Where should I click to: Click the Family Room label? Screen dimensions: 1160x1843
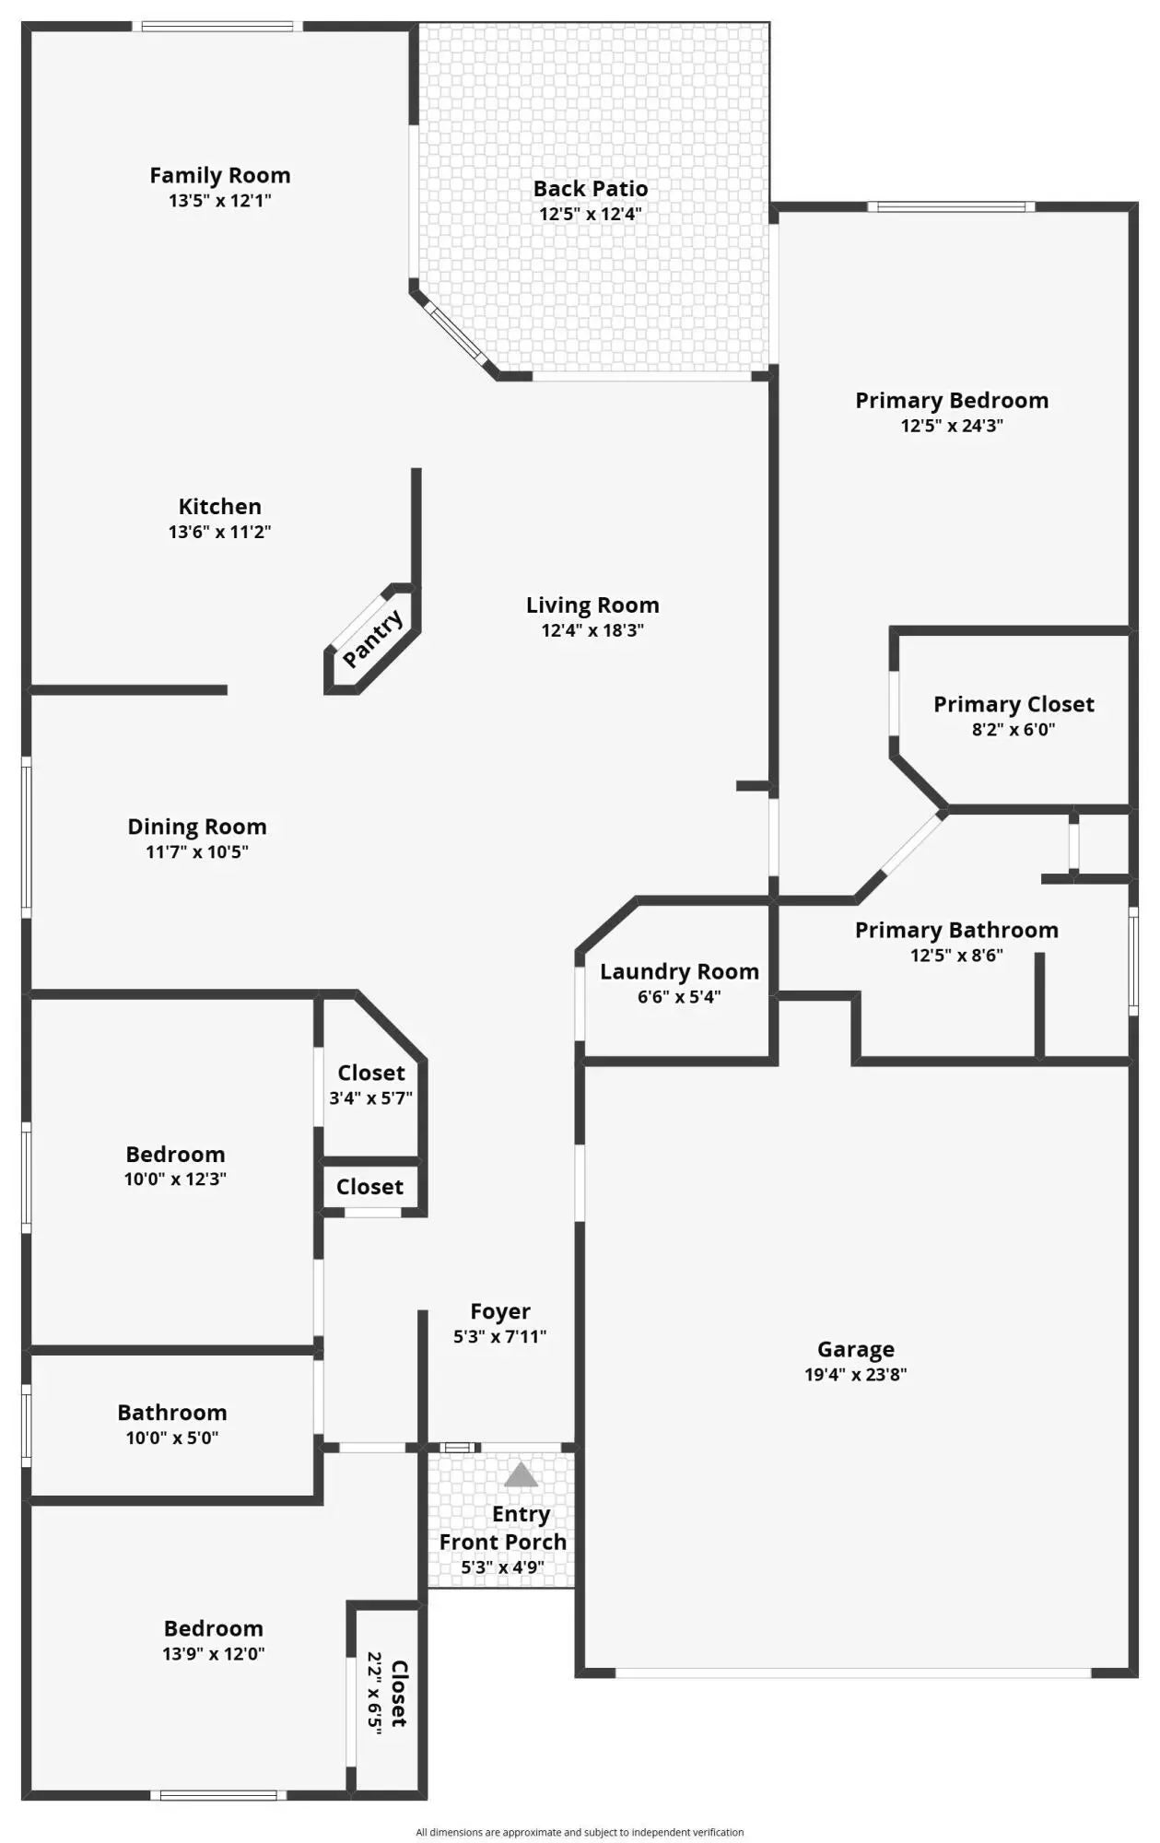pos(220,175)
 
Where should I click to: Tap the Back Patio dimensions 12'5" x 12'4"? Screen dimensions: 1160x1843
pos(591,214)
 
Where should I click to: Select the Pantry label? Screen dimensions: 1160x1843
pos(373,638)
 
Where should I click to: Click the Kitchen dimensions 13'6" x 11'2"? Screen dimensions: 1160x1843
pos(219,532)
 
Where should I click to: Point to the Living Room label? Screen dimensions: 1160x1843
pos(592,605)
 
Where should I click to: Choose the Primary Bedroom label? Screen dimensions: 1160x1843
pos(952,401)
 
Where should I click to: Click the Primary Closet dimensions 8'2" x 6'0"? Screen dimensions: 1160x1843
pos(1014,730)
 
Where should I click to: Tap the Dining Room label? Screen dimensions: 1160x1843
pos(197,827)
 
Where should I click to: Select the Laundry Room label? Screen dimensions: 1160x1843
pos(679,971)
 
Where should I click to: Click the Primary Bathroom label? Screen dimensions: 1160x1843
pos(956,930)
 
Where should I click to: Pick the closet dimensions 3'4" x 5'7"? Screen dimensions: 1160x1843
pos(370,1098)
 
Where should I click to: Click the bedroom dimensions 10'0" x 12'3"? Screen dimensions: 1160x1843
pos(175,1179)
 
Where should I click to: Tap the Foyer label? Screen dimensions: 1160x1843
pos(500,1311)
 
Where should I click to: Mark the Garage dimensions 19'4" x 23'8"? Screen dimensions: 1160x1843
pos(855,1375)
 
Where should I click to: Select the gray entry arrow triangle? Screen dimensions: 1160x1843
pos(521,1474)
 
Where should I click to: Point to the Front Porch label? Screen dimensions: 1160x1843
pos(503,1542)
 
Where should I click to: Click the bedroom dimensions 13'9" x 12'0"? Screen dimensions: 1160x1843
pos(214,1654)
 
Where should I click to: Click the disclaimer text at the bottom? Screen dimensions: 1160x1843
pos(580,1833)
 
